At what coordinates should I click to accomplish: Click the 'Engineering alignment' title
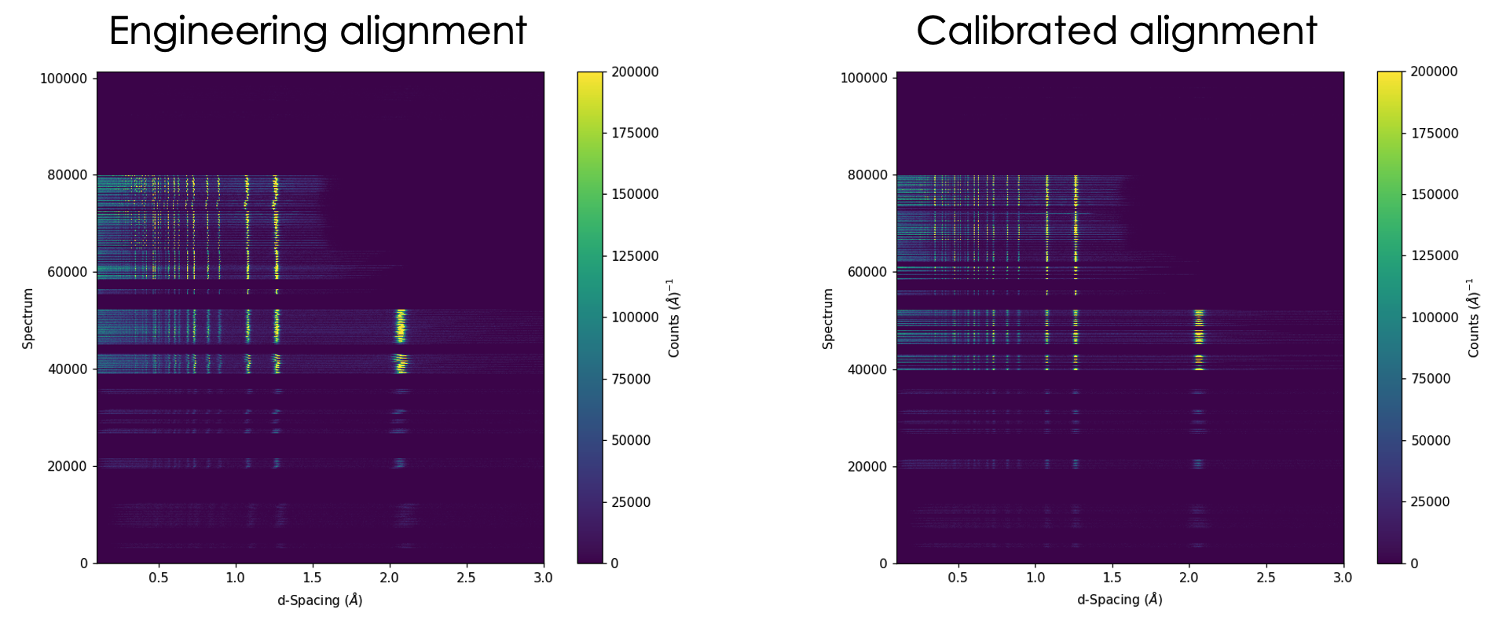point(317,31)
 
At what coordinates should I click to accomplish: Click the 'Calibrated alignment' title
point(1116,31)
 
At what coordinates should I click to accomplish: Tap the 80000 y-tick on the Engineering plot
point(64,175)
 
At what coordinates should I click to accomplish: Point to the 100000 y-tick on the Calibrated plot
point(863,78)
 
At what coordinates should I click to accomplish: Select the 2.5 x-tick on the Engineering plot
point(466,578)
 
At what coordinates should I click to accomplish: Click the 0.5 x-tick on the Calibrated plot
point(958,578)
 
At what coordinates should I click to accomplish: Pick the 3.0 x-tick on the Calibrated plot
point(1343,578)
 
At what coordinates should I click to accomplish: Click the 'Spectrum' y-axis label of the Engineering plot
point(28,318)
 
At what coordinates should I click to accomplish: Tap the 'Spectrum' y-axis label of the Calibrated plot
point(828,318)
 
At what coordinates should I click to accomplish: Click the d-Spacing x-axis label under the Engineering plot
point(320,600)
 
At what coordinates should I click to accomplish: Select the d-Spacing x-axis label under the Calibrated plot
point(1120,600)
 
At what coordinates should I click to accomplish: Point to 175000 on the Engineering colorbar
point(635,133)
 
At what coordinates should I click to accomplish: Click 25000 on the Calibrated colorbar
point(1431,502)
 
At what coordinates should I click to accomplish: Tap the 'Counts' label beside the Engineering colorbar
point(674,318)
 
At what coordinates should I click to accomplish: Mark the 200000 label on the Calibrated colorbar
point(1434,72)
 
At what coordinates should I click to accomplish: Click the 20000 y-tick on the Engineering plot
point(64,466)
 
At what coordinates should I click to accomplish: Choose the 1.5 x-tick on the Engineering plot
point(312,578)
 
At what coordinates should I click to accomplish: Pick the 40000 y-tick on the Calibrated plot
point(863,369)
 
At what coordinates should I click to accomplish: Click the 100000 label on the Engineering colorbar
point(635,318)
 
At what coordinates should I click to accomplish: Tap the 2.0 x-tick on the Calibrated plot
point(1189,578)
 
